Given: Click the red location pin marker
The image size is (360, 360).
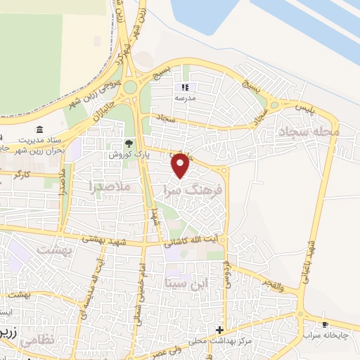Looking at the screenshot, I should (181, 165).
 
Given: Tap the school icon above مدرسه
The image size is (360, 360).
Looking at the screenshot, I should (186, 88).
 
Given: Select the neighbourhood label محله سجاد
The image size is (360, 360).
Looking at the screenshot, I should (309, 131).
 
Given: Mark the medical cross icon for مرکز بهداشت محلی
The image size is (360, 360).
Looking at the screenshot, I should (220, 330).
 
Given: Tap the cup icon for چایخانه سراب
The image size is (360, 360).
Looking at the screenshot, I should (325, 324).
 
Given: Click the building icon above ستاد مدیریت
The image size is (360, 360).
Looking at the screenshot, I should (39, 130).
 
